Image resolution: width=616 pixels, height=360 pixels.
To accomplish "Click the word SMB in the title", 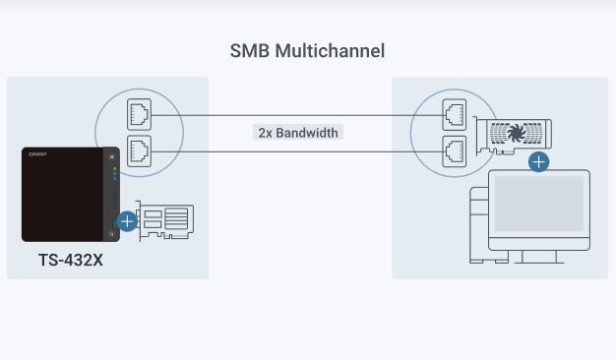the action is [250, 51].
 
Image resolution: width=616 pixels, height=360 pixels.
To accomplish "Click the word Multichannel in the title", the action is [330, 51].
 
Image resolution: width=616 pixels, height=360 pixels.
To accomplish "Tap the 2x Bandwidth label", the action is [298, 133].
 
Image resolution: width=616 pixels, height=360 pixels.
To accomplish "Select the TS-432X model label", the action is [71, 260].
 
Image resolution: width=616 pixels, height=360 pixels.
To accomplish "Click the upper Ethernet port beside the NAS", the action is [139, 114].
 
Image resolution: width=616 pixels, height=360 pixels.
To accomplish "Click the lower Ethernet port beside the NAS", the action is [139, 150].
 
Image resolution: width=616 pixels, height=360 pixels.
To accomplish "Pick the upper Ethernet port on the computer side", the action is [455, 115].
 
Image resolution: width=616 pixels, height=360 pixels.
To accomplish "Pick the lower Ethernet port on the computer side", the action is [455, 151].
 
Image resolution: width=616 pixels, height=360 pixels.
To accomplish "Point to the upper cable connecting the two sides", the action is [297, 115].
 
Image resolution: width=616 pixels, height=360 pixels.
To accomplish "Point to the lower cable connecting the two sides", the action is [297, 151].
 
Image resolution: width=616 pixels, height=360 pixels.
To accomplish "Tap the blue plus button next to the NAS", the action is [127, 221].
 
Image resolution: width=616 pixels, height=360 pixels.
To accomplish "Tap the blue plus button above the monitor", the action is [538, 161].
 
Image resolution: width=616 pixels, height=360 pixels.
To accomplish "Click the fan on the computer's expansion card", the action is [517, 133].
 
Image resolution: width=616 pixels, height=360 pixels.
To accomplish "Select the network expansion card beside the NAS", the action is [165, 220].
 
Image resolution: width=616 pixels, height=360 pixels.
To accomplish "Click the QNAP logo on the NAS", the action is [37, 154].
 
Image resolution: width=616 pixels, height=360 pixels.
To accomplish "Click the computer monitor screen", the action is [539, 204].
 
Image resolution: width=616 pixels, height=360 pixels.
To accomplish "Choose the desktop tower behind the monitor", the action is [479, 224].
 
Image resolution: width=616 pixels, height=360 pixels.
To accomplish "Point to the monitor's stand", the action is [539, 257].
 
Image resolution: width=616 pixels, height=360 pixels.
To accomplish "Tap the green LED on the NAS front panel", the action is [115, 169].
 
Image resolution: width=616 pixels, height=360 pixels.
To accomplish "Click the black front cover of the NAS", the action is [63, 195].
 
